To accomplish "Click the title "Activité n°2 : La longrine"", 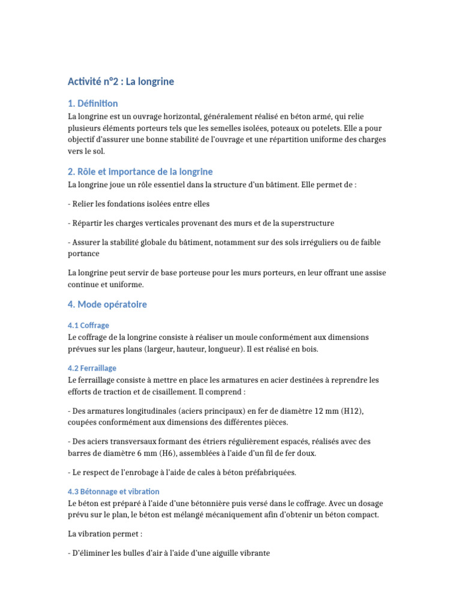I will point(121,81).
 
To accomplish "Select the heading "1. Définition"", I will point(92,103).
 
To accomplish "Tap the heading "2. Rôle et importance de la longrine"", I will point(140,171).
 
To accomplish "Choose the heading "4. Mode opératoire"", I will point(107,304).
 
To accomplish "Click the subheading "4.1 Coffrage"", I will point(88,325).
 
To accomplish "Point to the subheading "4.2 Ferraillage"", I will point(92,368).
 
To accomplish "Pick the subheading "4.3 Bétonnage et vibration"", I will point(113,491).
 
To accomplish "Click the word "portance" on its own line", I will point(84,254).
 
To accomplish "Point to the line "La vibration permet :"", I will point(104,534).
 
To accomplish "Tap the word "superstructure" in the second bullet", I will point(305,223).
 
